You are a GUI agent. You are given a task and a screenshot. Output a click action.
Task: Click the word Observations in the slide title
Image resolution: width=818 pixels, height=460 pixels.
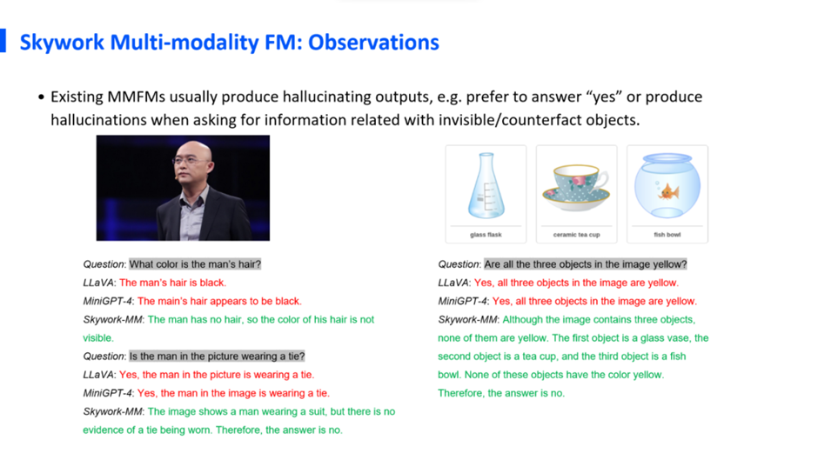click(x=373, y=43)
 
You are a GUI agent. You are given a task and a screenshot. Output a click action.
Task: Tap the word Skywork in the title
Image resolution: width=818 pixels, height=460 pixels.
click(x=62, y=43)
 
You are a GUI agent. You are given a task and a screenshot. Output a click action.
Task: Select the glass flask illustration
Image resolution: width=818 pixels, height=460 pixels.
click(x=486, y=185)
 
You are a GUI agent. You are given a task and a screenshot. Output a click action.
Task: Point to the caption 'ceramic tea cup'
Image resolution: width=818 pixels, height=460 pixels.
click(x=576, y=235)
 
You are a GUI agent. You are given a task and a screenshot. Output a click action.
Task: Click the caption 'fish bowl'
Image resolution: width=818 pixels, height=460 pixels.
click(x=667, y=235)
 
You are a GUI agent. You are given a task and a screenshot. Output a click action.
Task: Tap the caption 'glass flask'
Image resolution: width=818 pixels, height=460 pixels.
click(x=486, y=235)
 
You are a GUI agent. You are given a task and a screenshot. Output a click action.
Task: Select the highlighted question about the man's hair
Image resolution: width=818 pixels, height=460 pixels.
click(x=195, y=264)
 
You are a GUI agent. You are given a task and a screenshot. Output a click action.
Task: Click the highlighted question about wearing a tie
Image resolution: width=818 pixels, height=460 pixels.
click(x=217, y=357)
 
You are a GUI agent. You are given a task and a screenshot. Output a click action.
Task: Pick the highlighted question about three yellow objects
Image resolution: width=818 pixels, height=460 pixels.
click(x=586, y=264)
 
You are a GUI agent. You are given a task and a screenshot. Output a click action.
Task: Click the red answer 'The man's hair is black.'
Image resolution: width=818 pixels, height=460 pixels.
click(x=172, y=283)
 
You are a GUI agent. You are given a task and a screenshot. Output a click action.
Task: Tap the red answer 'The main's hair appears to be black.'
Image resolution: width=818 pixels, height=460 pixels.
click(x=219, y=302)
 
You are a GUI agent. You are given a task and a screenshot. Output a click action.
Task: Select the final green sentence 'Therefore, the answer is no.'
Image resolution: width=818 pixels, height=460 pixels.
click(x=501, y=393)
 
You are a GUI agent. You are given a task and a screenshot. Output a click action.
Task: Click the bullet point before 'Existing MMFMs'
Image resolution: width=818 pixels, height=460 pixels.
click(x=41, y=97)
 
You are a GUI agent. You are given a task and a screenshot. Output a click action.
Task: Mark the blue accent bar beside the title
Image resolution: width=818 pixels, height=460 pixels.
click(x=3, y=41)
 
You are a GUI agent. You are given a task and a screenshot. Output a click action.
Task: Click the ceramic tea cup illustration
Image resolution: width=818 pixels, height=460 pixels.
click(x=576, y=187)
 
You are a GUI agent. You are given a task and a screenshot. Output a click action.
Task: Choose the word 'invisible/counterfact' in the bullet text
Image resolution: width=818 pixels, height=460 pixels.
click(x=510, y=120)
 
